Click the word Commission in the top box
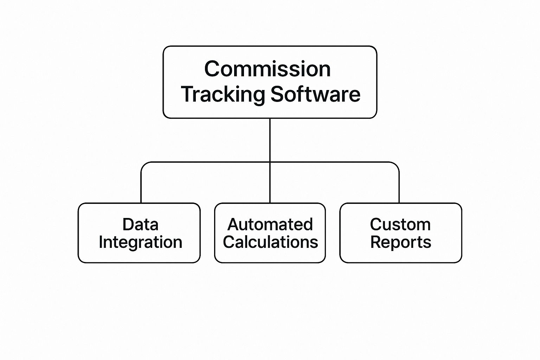coord(267,69)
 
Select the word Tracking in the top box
coord(223,94)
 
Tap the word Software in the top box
coord(315,94)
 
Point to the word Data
coord(140,224)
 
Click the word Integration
coord(140,242)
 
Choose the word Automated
coord(270,224)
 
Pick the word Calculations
coord(270,242)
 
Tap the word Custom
coord(400,224)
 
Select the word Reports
coord(400,242)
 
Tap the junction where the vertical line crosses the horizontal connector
coord(270,162)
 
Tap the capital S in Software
coord(277,94)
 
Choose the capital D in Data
coord(128,224)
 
